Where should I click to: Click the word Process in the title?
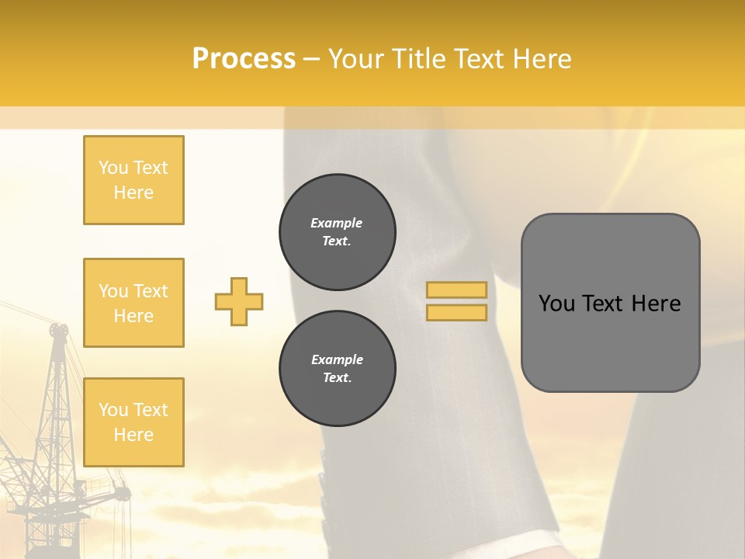pos(244,59)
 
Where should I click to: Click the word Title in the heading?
pos(411,59)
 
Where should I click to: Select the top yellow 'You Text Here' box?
pos(133,180)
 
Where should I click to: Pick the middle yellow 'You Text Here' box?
pos(133,303)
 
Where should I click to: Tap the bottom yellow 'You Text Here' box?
pos(133,422)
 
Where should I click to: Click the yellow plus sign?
pos(239,301)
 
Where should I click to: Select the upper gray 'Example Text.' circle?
pos(337,232)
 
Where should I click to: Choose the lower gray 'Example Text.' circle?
pos(337,369)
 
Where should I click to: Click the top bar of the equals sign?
pos(456,290)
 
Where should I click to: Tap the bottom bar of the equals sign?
pos(456,313)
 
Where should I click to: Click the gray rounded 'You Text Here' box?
pos(610,303)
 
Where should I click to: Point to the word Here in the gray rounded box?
pos(656,304)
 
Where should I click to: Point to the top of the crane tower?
pos(57,331)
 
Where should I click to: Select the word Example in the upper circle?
pos(337,223)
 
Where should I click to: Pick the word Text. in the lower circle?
pos(337,378)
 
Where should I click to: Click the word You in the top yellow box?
pos(112,168)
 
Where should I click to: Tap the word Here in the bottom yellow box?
pos(133,435)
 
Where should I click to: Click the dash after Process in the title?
pos(311,59)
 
